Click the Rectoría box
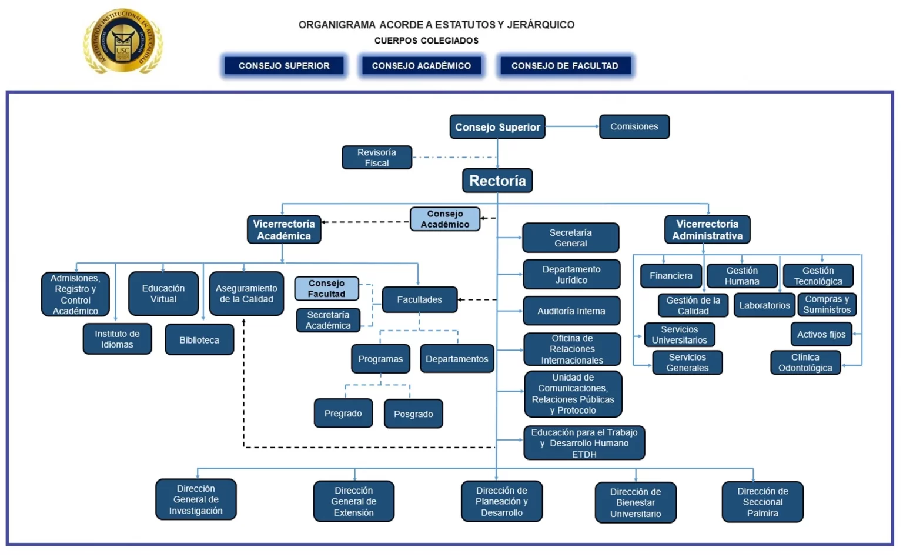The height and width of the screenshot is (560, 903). (497, 181)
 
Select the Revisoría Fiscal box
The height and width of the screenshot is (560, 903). (377, 158)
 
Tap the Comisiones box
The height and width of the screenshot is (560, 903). (634, 126)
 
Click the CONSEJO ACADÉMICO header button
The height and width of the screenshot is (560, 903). (421, 66)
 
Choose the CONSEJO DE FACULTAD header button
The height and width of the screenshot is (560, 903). (564, 66)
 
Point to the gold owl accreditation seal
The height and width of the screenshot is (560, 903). (123, 41)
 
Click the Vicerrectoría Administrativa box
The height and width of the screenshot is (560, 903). (707, 229)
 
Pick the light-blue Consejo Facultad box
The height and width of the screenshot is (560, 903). (326, 288)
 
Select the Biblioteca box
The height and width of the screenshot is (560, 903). (199, 340)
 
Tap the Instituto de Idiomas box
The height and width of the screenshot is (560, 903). (117, 339)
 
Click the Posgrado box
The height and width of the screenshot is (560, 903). (413, 414)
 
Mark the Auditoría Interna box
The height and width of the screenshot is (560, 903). (571, 311)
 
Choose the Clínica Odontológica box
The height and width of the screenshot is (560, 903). (805, 362)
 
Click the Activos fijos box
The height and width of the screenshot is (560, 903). (821, 334)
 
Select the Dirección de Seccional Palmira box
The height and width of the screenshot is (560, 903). (762, 502)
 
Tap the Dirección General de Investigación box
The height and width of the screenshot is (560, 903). (196, 499)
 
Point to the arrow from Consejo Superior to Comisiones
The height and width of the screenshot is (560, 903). (572, 126)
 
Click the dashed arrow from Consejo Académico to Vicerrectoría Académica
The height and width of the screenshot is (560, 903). (366, 222)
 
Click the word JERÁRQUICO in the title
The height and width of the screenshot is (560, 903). (540, 25)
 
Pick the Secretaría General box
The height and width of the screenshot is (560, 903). (570, 238)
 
